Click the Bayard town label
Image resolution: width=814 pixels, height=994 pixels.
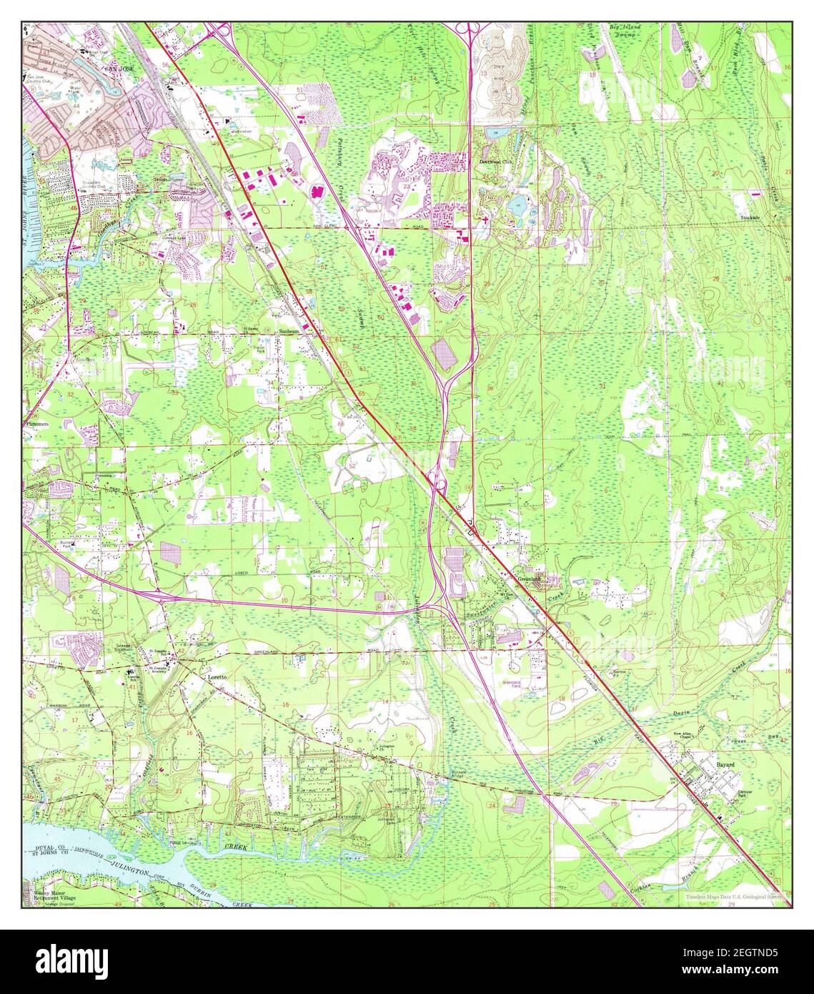726,764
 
